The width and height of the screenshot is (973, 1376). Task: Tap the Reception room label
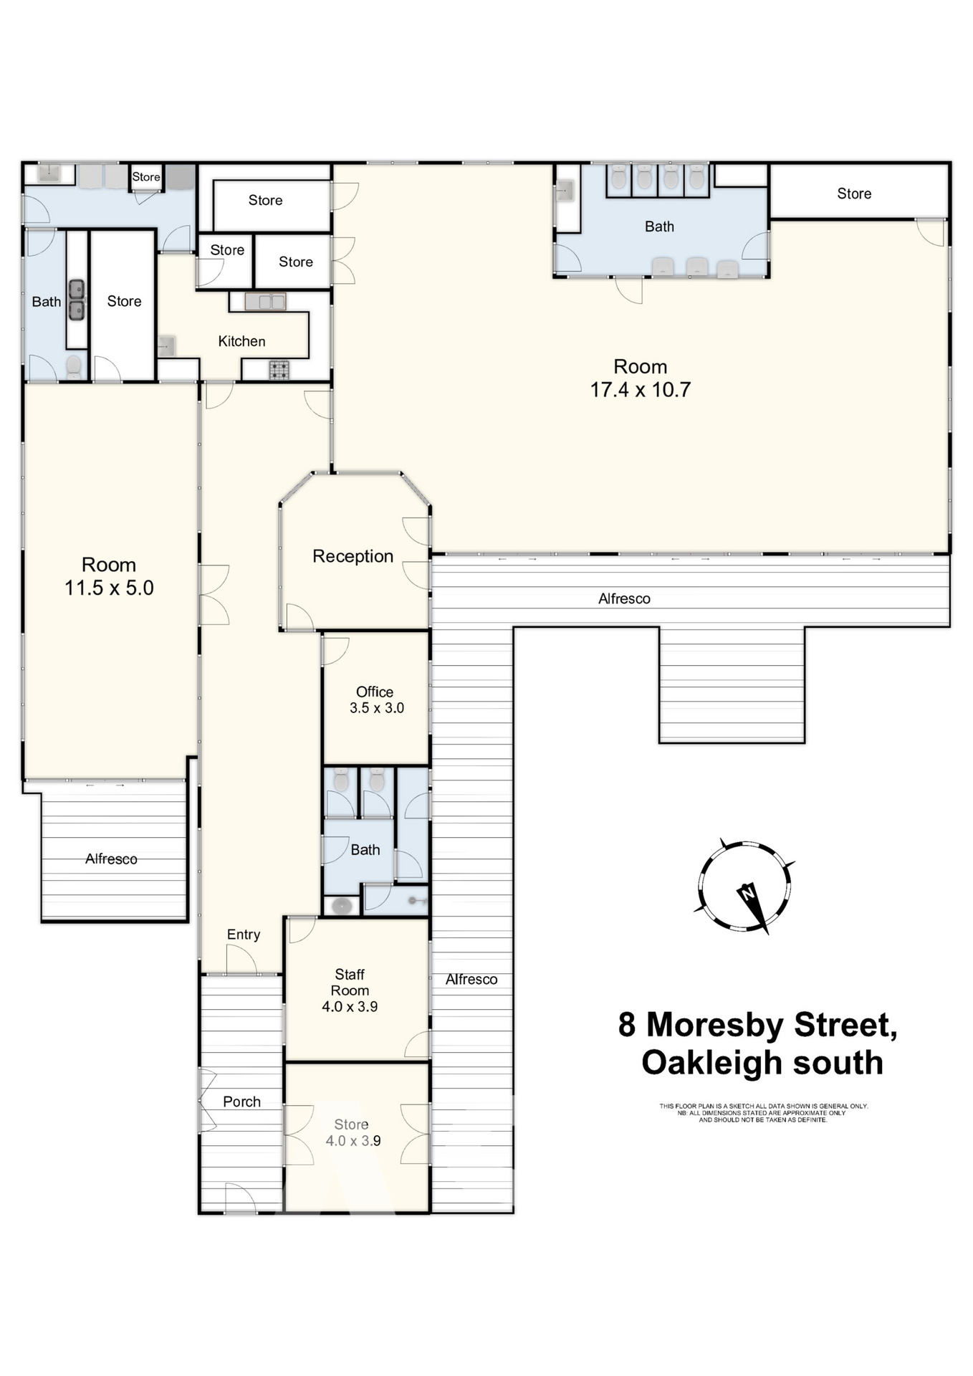click(x=353, y=556)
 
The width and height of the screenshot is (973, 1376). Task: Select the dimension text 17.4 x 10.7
click(x=640, y=390)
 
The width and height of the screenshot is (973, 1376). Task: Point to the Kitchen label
click(x=241, y=341)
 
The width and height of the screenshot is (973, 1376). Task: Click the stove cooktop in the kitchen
click(x=279, y=370)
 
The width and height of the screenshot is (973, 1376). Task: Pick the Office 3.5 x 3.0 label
click(x=375, y=699)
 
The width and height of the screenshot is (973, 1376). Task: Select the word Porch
click(x=241, y=1102)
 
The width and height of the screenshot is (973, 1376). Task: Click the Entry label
click(x=244, y=935)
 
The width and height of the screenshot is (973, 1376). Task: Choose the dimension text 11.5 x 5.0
click(x=109, y=588)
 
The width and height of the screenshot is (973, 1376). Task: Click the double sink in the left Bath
click(x=77, y=300)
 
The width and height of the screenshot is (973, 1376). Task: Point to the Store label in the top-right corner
click(x=854, y=193)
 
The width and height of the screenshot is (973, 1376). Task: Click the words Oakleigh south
click(x=762, y=1063)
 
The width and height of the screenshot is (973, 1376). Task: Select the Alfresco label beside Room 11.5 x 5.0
click(x=111, y=859)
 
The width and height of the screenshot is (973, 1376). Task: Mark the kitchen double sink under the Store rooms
click(x=265, y=302)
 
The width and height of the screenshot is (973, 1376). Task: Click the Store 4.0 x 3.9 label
click(x=352, y=1132)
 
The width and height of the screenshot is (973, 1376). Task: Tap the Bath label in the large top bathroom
click(x=659, y=226)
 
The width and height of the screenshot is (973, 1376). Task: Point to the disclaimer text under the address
click(x=763, y=1113)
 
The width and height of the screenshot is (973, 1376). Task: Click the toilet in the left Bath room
click(x=74, y=367)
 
